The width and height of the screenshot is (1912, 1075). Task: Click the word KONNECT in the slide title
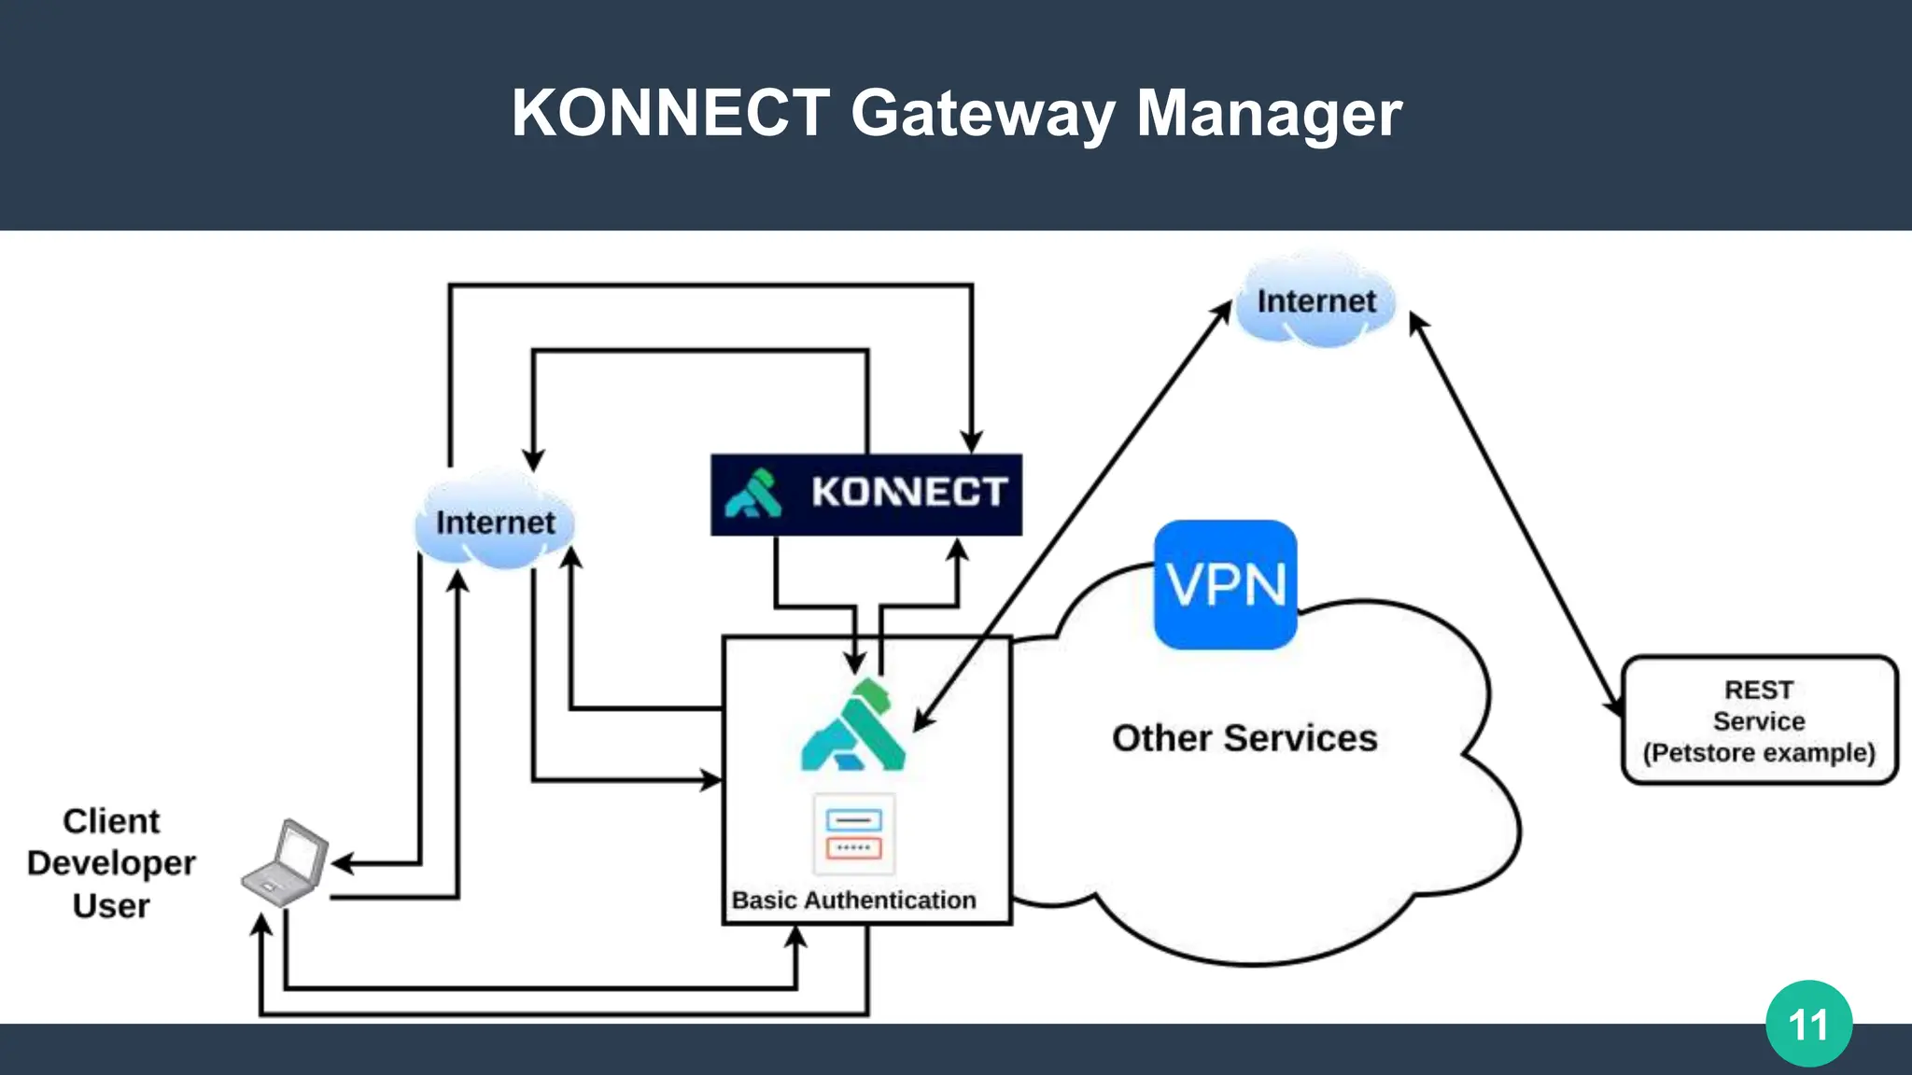click(669, 113)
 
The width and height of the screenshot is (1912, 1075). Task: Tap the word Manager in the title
click(1269, 113)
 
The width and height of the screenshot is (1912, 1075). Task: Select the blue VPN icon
click(1225, 585)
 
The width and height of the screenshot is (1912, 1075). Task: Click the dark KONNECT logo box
click(865, 495)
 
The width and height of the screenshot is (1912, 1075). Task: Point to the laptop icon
click(286, 864)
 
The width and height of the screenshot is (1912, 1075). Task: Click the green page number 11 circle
click(1808, 1024)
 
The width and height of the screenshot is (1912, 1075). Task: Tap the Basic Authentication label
click(853, 900)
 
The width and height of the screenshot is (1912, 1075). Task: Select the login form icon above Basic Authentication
click(853, 834)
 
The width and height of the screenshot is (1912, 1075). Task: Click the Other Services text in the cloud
click(1244, 738)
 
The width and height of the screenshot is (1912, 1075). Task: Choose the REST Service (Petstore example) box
click(1759, 720)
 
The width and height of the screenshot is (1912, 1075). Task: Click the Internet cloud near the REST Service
click(1315, 301)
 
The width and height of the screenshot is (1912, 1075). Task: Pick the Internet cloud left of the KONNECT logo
click(495, 523)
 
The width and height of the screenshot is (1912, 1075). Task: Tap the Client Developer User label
click(111, 863)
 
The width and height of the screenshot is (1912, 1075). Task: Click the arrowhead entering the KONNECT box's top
click(971, 442)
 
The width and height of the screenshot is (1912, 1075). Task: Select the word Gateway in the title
click(982, 113)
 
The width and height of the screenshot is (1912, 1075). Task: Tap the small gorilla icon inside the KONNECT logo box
click(753, 494)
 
